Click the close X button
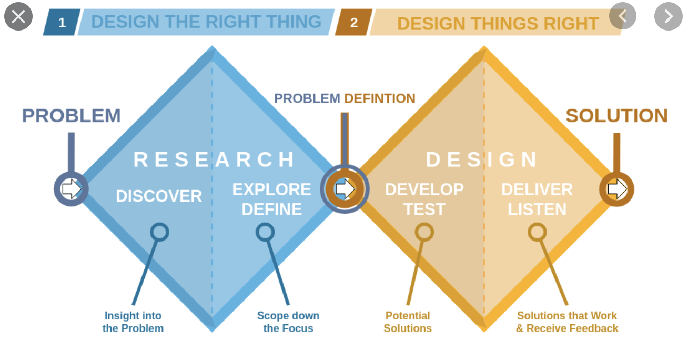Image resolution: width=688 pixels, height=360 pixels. coord(18,16)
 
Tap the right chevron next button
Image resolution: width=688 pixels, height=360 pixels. coord(669,16)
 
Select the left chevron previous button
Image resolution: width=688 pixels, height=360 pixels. coord(623,16)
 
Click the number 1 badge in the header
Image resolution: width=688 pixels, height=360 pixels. coord(62,22)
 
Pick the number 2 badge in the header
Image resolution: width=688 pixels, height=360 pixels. coord(354,22)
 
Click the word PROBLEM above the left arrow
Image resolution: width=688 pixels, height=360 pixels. coord(71,116)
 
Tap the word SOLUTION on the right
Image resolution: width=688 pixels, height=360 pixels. coord(617,116)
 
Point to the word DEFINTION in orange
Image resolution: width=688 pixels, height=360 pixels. coord(380,99)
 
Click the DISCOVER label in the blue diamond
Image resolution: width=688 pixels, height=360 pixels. coord(159,196)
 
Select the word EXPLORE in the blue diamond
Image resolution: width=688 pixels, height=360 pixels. coord(271,189)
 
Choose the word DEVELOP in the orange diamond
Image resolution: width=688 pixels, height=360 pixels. coord(424,189)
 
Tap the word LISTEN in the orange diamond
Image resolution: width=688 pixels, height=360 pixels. coord(537,209)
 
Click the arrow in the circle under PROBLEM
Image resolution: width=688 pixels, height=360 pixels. coord(72,189)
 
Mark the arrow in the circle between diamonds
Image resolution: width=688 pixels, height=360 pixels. coord(345,189)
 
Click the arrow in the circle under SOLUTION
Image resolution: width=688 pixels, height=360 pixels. coord(618,189)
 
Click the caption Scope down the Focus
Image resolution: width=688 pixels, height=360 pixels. coord(288,322)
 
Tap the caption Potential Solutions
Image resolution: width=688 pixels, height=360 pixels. coord(408,322)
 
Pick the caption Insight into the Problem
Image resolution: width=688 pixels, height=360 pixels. coord(133,322)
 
